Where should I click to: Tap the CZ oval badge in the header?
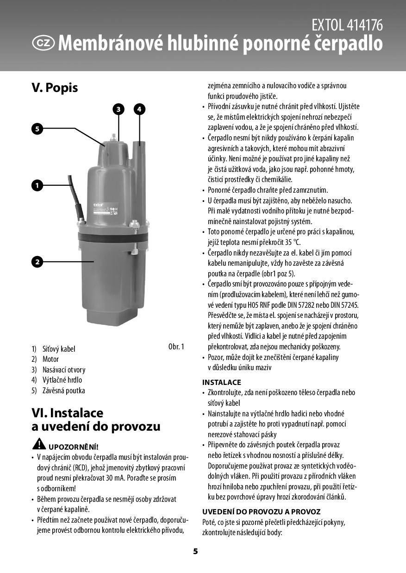[44, 43]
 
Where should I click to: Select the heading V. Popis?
[55, 88]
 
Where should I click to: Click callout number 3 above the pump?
[119, 109]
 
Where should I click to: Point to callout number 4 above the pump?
[139, 109]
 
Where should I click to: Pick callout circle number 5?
[37, 128]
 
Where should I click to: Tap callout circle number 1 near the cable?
[37, 185]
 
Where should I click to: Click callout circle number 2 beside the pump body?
[37, 262]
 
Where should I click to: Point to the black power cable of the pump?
[75, 194]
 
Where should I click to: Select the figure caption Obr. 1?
[176, 347]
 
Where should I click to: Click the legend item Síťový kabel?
[58, 349]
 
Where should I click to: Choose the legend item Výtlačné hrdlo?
[62, 380]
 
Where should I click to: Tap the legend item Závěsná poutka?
[63, 390]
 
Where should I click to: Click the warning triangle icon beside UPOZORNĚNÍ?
[39, 445]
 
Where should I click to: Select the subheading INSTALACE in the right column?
[222, 382]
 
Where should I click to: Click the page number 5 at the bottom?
[195, 551]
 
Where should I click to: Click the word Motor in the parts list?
[50, 359]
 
